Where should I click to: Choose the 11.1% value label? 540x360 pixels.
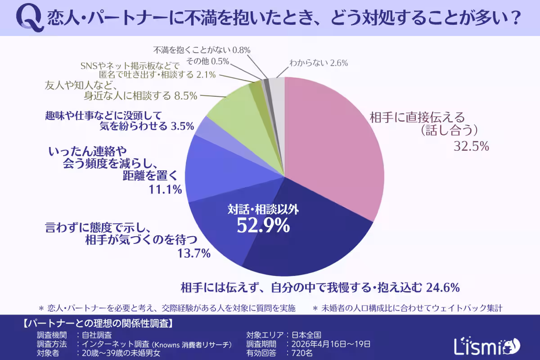165,189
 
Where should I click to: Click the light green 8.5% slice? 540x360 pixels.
229,110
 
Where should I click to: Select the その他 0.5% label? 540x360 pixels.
208,61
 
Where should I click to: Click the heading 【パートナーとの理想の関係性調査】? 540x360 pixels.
97,324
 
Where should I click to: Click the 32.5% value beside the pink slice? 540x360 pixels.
471,147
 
